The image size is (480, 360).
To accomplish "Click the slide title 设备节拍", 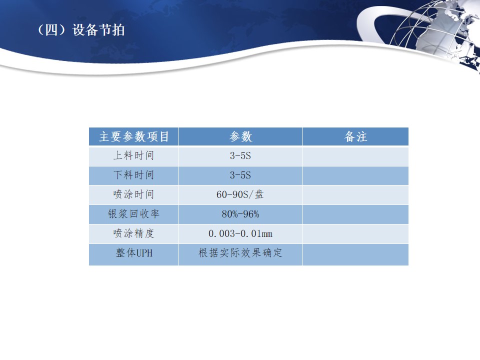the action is click(x=98, y=30).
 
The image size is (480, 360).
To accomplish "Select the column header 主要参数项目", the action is click(x=134, y=136).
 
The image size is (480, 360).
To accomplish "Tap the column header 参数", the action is click(x=240, y=136).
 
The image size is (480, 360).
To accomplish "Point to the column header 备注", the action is click(x=355, y=136).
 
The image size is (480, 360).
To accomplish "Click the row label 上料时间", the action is click(x=134, y=155).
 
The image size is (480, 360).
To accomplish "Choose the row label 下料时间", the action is click(x=134, y=175).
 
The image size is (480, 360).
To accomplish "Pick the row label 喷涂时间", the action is click(x=134, y=194).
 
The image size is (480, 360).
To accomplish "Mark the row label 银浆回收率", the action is click(x=134, y=214).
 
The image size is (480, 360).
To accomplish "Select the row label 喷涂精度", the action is click(x=134, y=233).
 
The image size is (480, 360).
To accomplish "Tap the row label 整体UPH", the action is click(x=134, y=253).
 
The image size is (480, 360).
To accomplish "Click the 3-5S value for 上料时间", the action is click(x=240, y=156).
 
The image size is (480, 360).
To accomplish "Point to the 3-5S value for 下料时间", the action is click(x=240, y=175).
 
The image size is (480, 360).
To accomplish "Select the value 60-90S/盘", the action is click(x=240, y=194).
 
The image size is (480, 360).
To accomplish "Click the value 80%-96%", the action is click(x=240, y=214).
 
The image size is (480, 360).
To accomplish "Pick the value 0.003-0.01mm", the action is click(x=240, y=234).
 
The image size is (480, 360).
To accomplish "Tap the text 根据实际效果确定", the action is click(x=240, y=253).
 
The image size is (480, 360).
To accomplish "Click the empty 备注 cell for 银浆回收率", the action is click(x=355, y=214).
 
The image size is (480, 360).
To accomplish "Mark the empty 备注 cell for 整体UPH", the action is click(x=355, y=254).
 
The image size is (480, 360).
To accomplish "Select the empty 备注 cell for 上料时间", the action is click(x=355, y=156).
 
